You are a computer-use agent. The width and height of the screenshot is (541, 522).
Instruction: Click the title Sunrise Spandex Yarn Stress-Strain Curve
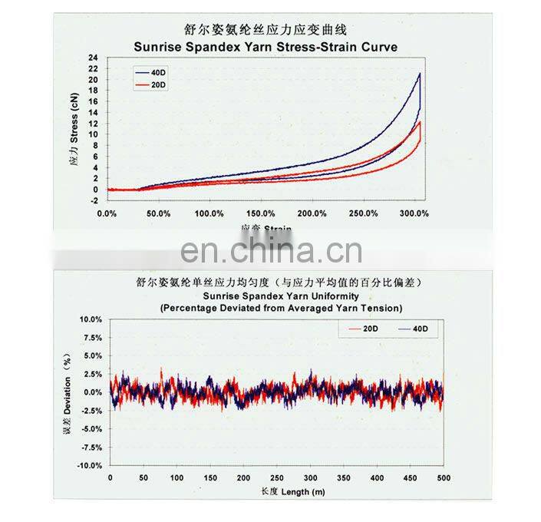(x=266, y=46)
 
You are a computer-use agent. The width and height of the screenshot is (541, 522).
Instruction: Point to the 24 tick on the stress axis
(x=94, y=58)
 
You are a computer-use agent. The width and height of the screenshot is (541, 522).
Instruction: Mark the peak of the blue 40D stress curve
(x=420, y=74)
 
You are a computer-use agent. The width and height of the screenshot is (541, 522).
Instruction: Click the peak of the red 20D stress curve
(x=420, y=121)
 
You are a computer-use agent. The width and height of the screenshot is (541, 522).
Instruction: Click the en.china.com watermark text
(x=271, y=252)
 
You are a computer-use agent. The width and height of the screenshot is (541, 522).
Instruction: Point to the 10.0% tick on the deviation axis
(x=91, y=319)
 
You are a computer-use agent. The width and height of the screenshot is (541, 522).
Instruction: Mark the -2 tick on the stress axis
(x=94, y=200)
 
